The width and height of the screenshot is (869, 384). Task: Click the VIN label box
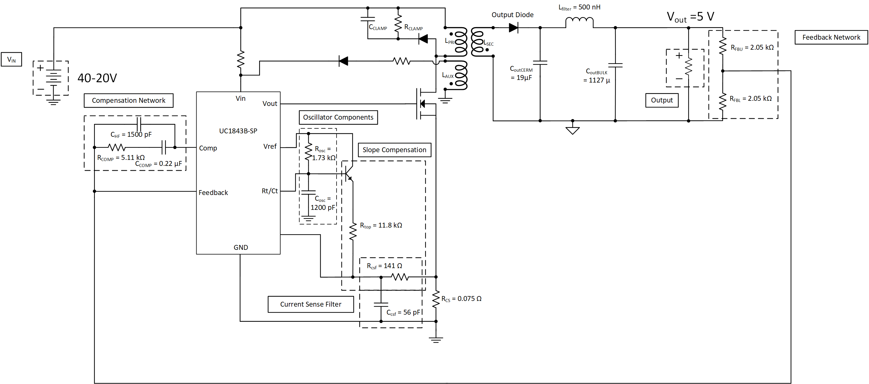pyautogui.click(x=11, y=59)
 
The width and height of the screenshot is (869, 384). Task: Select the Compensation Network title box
pyautogui.click(x=129, y=100)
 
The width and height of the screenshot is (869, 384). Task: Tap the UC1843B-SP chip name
pyautogui.click(x=238, y=131)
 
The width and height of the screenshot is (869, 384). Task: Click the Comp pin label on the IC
pyautogui.click(x=208, y=148)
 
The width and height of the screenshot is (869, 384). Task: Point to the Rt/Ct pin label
pyautogui.click(x=270, y=191)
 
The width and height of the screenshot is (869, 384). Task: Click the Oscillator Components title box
pyautogui.click(x=338, y=117)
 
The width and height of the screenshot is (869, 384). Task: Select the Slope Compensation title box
pyautogui.click(x=394, y=150)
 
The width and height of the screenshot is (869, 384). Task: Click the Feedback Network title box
pyautogui.click(x=831, y=37)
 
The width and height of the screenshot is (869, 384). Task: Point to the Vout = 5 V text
pyautogui.click(x=690, y=17)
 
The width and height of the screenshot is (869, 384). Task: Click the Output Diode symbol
pyautogui.click(x=513, y=28)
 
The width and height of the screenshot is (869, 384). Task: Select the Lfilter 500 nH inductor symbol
pyautogui.click(x=579, y=22)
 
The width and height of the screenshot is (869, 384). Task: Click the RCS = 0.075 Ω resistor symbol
pyautogui.click(x=436, y=299)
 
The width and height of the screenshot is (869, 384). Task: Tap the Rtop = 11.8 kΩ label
pyautogui.click(x=381, y=225)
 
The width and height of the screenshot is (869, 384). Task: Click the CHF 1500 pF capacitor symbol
pyautogui.click(x=139, y=124)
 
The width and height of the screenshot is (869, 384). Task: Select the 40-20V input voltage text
pyautogui.click(x=97, y=78)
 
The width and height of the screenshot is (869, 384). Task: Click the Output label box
pyautogui.click(x=662, y=100)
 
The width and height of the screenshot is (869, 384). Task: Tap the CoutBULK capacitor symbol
pyautogui.click(x=615, y=65)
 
